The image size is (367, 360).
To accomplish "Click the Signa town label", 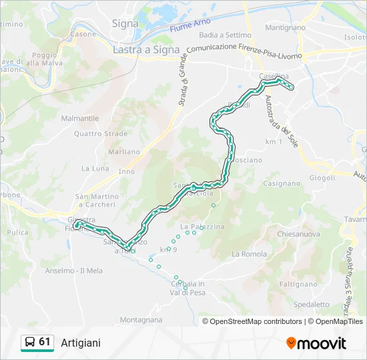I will click(125, 23).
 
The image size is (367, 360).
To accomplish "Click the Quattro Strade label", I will click(101, 133).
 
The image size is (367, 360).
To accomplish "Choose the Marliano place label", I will click(124, 151).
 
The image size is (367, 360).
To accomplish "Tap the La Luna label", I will click(95, 169).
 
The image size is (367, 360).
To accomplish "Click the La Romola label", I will click(249, 254).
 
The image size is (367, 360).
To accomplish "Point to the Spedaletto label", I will click(311, 304).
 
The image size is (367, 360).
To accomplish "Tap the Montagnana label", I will click(141, 320).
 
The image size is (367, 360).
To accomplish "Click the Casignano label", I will click(282, 183).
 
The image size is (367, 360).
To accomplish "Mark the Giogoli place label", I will click(321, 178).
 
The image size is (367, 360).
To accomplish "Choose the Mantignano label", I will click(285, 27).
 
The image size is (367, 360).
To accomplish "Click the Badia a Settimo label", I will click(225, 35).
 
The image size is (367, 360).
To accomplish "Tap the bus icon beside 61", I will click(29, 343).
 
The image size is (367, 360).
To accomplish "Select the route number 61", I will click(45, 342).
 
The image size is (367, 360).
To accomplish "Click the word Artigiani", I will click(81, 343).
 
